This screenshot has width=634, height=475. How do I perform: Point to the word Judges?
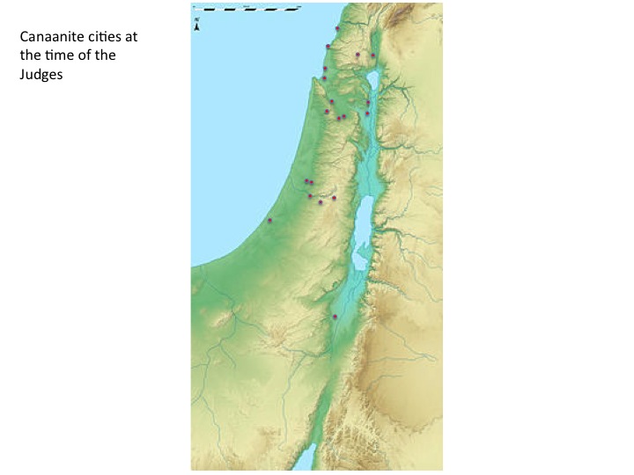pos(42,75)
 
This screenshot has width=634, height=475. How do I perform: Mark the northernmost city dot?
pos(337,28)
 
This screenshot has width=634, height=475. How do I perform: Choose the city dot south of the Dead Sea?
pos(335,317)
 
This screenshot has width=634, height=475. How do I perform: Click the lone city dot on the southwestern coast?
pos(269,220)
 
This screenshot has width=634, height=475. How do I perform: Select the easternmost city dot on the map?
pos(373,55)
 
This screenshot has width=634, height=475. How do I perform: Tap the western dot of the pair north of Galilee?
pos(358,55)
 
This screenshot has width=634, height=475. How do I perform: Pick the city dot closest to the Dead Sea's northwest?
pos(334,198)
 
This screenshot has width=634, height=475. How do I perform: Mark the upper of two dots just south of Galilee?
pos(368,103)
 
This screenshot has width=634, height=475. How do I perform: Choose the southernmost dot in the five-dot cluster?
pos(321,202)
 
